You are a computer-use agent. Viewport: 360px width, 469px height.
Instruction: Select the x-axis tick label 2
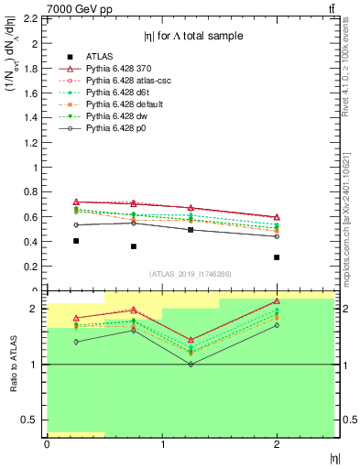(x=278, y=444)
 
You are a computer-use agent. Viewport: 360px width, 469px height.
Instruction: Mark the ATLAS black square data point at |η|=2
(x=277, y=257)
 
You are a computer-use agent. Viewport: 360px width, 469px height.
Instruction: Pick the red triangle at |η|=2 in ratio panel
(x=277, y=301)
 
